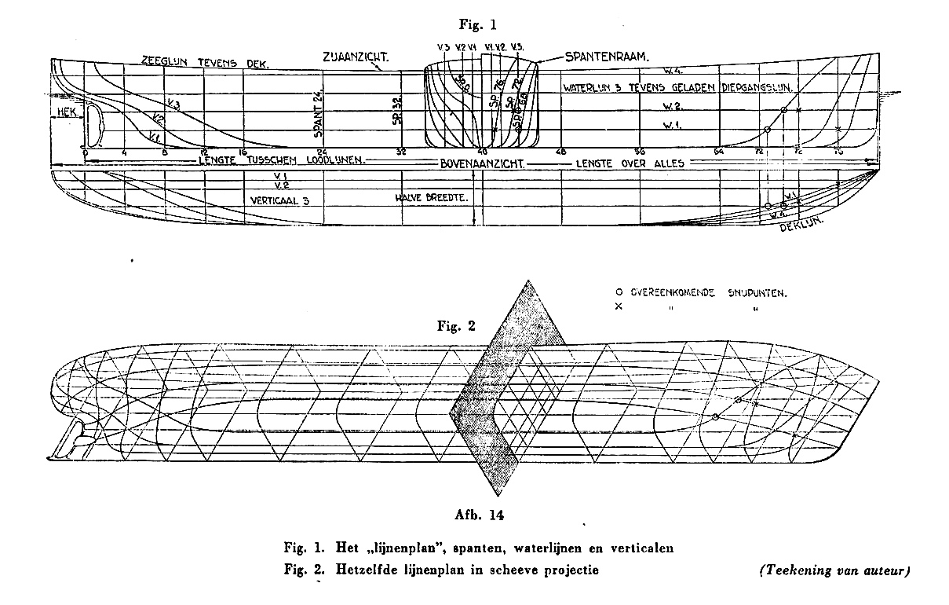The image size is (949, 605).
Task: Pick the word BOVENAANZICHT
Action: tap(482, 163)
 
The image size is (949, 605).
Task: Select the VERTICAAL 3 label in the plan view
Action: tap(279, 200)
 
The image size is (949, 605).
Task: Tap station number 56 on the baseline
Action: tap(640, 152)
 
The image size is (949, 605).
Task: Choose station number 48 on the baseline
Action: tap(560, 152)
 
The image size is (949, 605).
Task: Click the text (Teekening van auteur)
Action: tap(834, 570)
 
